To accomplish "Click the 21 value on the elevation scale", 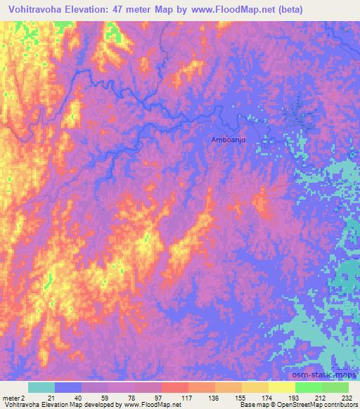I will (x=54, y=399).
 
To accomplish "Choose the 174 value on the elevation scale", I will (x=268, y=399).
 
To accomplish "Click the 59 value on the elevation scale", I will (x=107, y=399).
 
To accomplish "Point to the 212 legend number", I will (x=321, y=399).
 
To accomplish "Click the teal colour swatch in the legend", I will (x=41, y=387).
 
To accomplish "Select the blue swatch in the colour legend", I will (x=67, y=387).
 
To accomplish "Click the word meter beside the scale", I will (x=11, y=399).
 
